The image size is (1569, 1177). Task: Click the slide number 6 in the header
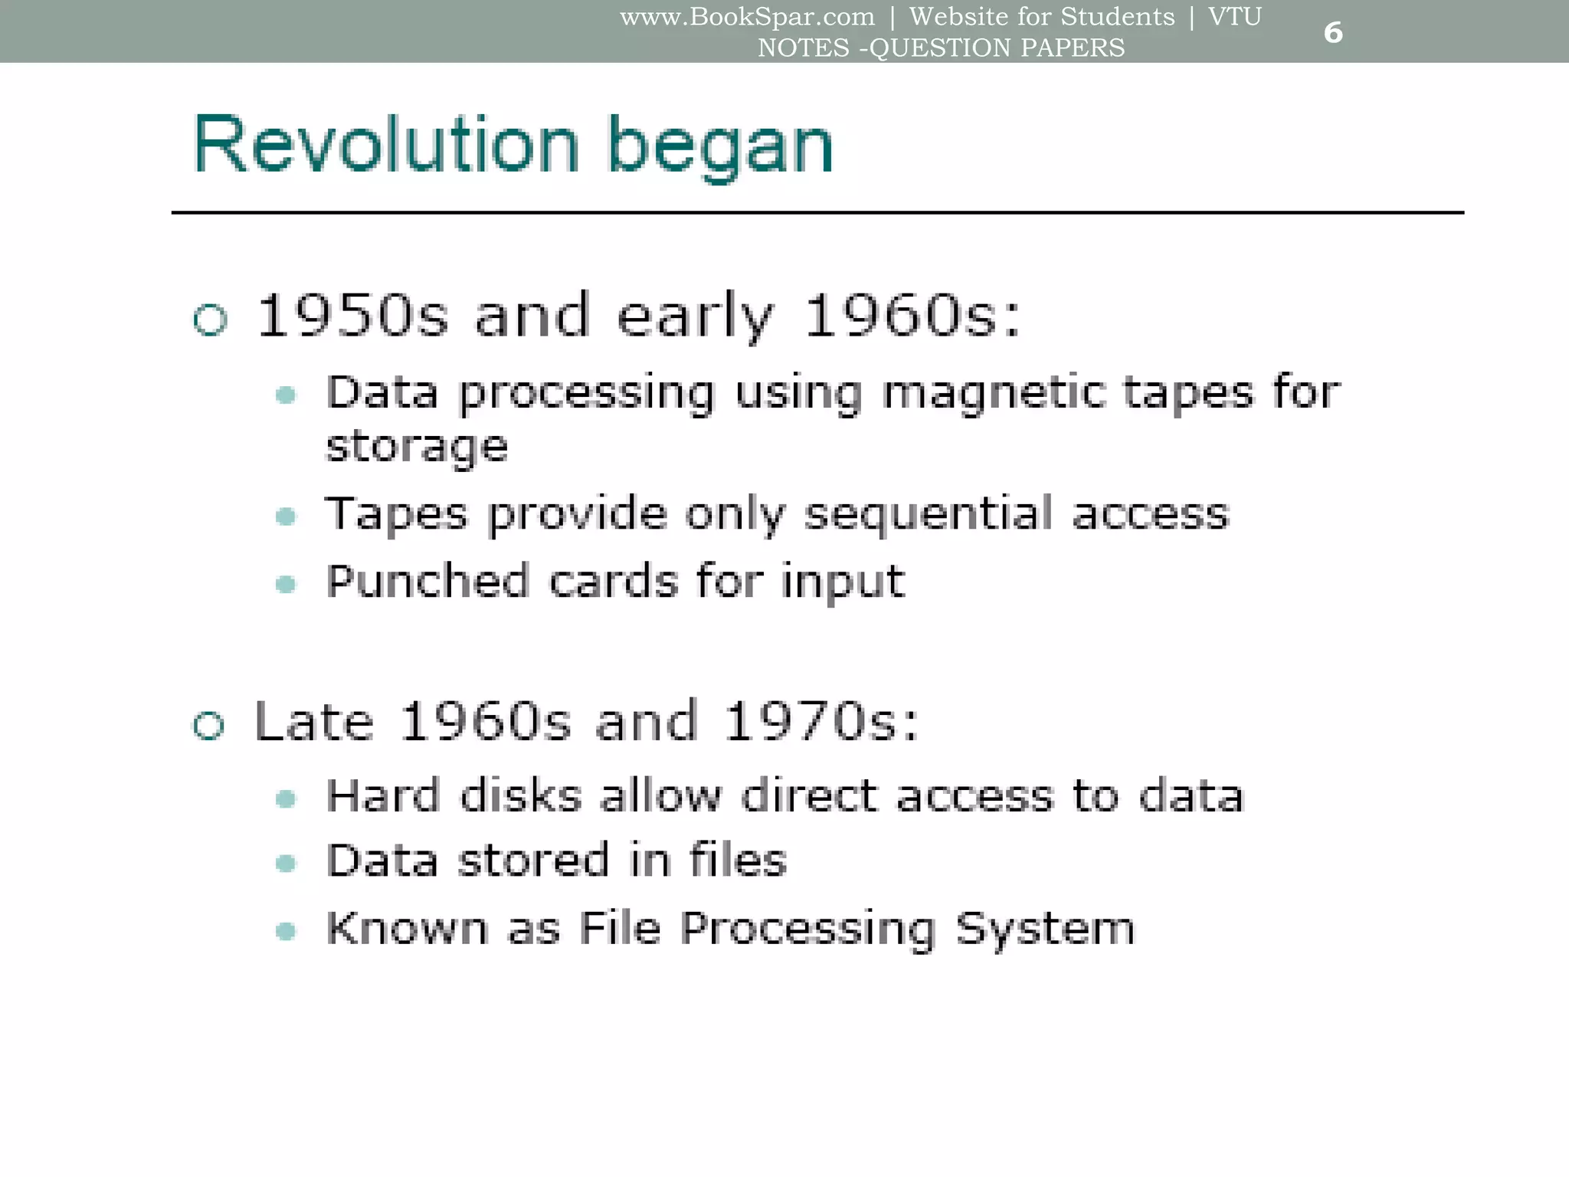point(1333,32)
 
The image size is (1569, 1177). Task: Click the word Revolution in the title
point(386,146)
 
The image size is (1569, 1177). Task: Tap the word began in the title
point(719,147)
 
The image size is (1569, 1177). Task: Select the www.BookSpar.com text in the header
point(747,16)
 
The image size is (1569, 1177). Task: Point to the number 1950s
point(352,315)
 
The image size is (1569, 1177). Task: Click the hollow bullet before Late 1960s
point(209,725)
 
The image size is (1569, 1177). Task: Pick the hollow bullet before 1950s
point(211,319)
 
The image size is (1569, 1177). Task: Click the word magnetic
point(994,393)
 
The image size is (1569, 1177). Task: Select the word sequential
point(928,514)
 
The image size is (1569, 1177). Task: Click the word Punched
point(427,581)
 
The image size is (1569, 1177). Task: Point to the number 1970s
point(821,721)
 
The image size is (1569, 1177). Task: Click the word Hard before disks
point(383,795)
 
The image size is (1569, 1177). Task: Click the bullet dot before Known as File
point(286,931)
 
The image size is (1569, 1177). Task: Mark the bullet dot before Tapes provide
point(286,516)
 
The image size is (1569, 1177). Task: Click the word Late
point(314,721)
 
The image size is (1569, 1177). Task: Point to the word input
point(843,582)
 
